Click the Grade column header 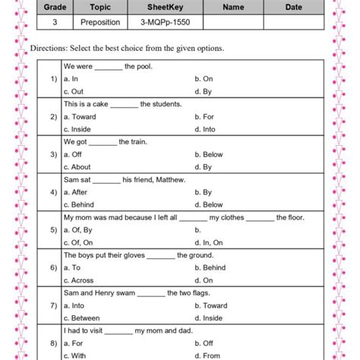(53, 8)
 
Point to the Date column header (293, 8)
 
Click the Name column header (233, 8)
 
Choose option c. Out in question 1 (74, 92)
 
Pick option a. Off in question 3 (74, 154)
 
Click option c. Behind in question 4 (79, 204)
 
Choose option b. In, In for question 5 (207, 229)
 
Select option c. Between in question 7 (82, 317)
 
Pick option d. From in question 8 (207, 355)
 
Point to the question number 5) (53, 229)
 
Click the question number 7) (53, 305)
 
